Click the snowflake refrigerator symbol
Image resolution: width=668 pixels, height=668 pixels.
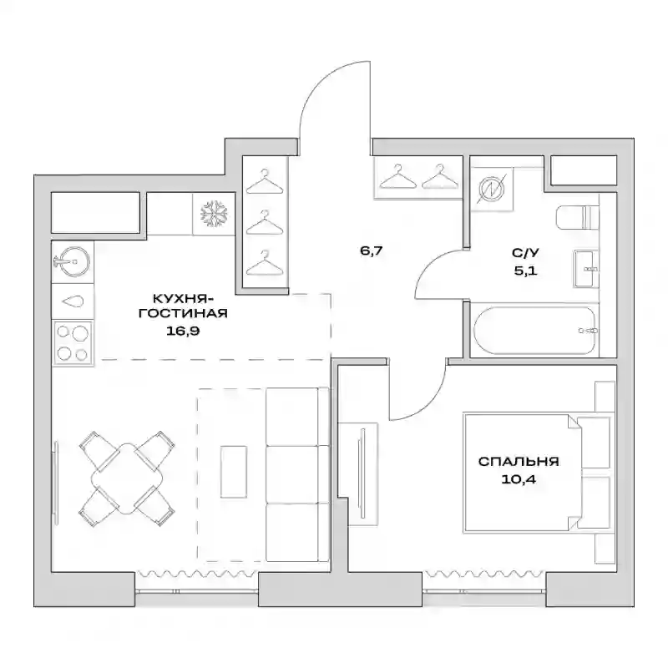coord(215,214)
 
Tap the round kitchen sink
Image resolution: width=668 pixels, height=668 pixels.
coord(72,261)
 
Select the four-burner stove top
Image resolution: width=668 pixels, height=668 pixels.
coord(73,343)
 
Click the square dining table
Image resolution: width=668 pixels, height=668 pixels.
coord(127,478)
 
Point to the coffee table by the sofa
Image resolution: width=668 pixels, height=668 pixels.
coord(234,472)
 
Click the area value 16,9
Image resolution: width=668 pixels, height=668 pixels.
coord(183,331)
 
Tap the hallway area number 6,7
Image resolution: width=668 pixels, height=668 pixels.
coord(372,251)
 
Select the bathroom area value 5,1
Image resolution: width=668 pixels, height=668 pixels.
coord(525,271)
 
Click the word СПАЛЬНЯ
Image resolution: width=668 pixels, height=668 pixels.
coord(519,462)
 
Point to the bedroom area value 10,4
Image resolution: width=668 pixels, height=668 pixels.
coord(519,479)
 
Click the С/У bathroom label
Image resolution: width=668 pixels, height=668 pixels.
coord(525,253)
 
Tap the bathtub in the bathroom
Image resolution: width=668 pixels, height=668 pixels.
coord(534,331)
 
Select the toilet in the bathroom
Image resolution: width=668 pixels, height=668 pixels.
coord(577,217)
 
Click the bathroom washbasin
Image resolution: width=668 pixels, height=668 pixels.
coord(586,269)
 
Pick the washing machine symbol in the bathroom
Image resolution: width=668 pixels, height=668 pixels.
coord(492,189)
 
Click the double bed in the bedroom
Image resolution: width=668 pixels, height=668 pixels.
coord(539,472)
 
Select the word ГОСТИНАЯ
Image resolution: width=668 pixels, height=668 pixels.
coord(183,314)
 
